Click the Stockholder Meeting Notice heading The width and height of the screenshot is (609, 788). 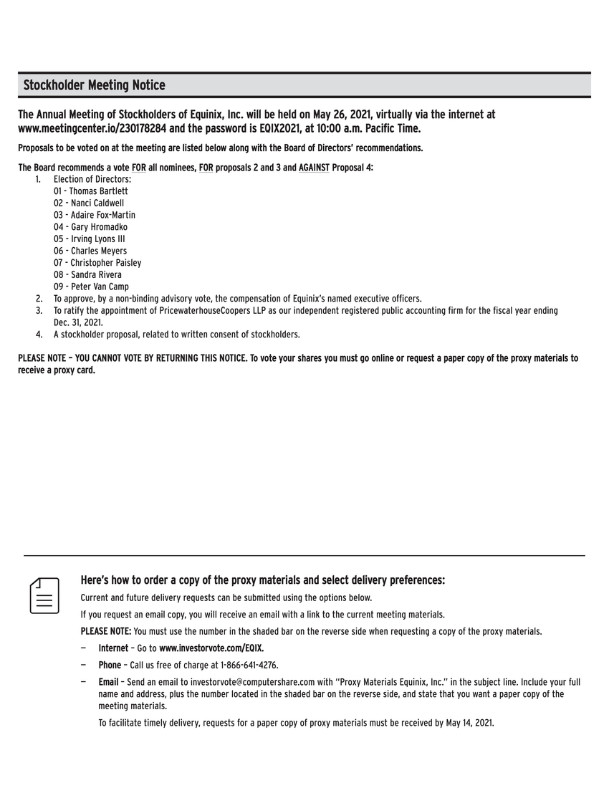coord(94,86)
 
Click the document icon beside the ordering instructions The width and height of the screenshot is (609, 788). coord(44,595)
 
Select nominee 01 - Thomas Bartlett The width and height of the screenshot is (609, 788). coord(90,191)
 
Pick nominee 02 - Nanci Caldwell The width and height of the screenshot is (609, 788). coord(88,203)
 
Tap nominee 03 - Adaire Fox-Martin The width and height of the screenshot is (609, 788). coord(94,215)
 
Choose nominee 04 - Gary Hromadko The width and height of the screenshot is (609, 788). coord(90,227)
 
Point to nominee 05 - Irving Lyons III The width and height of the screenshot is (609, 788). coord(89,239)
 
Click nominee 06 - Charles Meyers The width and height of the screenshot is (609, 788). coord(90,251)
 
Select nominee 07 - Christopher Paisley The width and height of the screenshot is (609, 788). coord(97,263)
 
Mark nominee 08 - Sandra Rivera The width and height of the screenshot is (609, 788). coord(87,275)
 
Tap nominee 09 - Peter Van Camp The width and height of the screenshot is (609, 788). coord(91,287)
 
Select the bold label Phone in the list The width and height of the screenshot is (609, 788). coord(110,666)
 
